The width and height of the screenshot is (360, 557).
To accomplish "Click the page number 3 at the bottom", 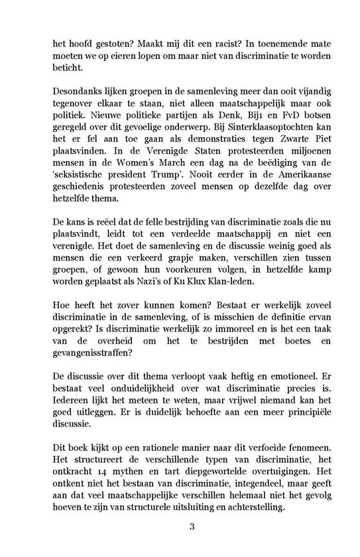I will (180, 527).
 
